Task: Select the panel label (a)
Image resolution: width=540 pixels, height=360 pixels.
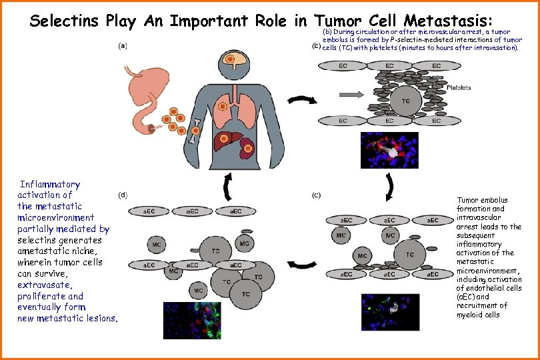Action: [123, 45]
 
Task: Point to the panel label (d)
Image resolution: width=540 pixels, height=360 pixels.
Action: [123, 195]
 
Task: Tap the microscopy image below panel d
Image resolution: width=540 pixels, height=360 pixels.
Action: [192, 321]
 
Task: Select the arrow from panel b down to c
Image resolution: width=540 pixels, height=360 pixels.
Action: [389, 188]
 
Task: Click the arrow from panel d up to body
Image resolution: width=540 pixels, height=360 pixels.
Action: [229, 187]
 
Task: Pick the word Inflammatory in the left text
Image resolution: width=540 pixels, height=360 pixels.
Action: [50, 184]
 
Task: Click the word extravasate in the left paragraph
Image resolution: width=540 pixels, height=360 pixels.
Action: [41, 285]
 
